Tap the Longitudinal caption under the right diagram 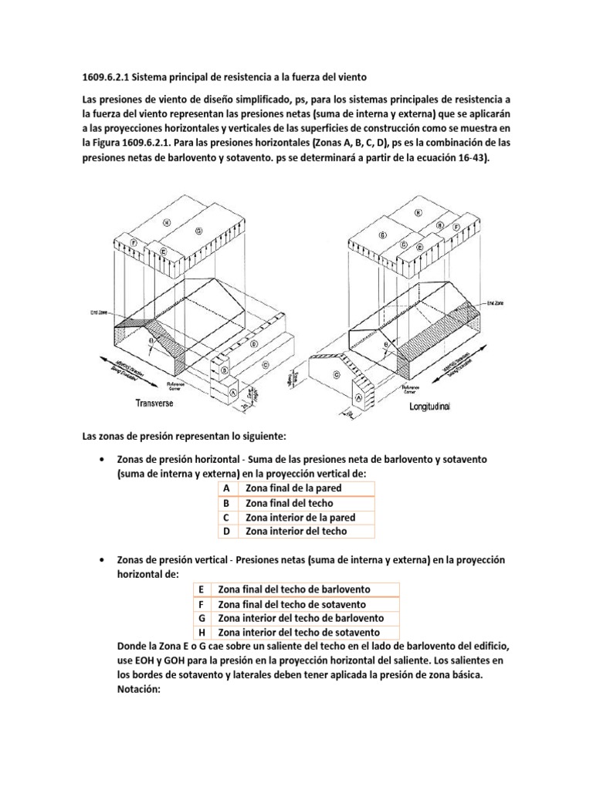point(440,405)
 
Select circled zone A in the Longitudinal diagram point(358,397)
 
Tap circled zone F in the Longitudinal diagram point(457,228)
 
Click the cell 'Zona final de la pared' point(293,488)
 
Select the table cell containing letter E point(200,589)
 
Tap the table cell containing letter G point(200,618)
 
